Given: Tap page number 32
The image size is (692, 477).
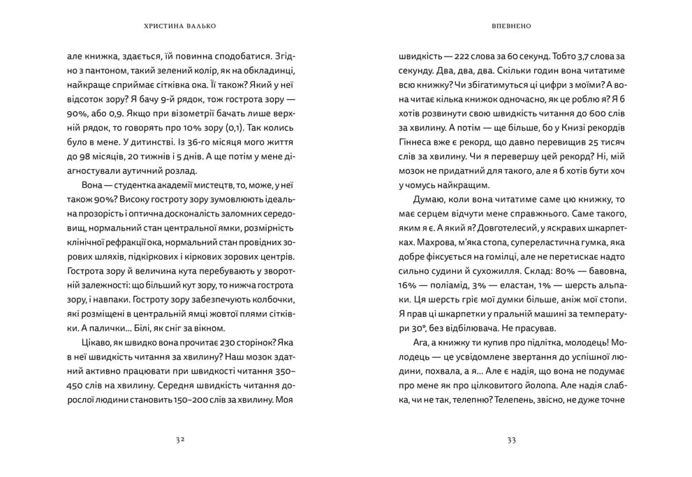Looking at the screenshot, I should click(181, 440).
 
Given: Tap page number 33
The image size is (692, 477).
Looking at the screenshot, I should click(511, 440).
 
